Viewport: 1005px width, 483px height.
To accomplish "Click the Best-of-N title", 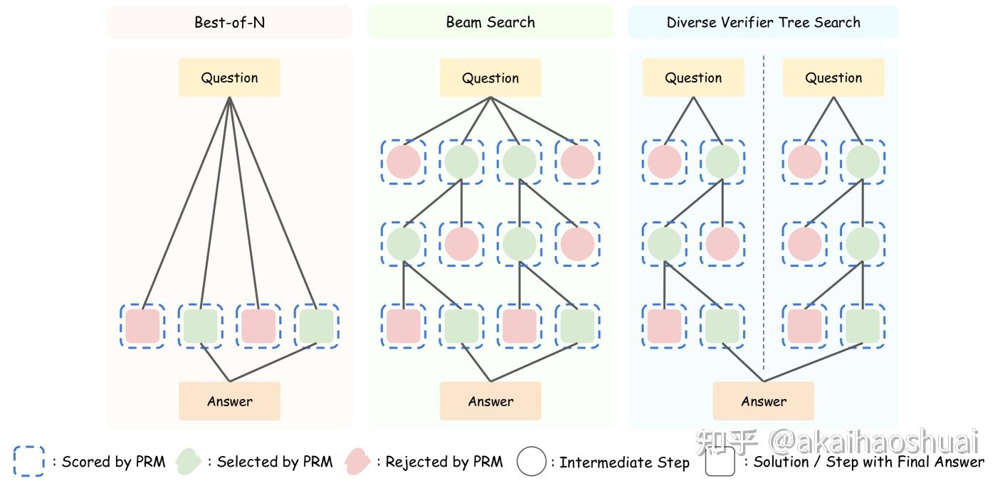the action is pyautogui.click(x=229, y=22).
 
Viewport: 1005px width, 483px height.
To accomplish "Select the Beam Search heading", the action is pyautogui.click(x=490, y=22).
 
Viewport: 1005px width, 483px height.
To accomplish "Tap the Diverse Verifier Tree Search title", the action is pyautogui.click(x=763, y=22).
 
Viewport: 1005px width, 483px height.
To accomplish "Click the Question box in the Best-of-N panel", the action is pyautogui.click(x=229, y=78).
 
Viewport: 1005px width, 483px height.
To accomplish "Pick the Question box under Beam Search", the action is pyautogui.click(x=490, y=78).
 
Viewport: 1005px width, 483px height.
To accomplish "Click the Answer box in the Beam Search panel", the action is pyautogui.click(x=490, y=401).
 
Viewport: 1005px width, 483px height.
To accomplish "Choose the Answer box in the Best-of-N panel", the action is pyautogui.click(x=229, y=401).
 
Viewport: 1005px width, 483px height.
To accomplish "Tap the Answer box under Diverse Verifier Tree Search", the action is pyautogui.click(x=763, y=401).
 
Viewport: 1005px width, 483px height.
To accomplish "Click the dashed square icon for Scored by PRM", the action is pyautogui.click(x=28, y=461).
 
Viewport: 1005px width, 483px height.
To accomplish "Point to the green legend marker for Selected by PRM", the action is pyautogui.click(x=189, y=461).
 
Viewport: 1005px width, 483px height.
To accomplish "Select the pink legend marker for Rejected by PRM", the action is pyautogui.click(x=357, y=461).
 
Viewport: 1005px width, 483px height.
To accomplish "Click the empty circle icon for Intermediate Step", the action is pyautogui.click(x=531, y=461).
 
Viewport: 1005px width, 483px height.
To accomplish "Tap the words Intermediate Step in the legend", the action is pyautogui.click(x=624, y=462).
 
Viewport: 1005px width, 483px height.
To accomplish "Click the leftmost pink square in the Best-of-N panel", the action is pyautogui.click(x=142, y=326).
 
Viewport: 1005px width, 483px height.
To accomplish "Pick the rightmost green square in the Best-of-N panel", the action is pyautogui.click(x=316, y=326).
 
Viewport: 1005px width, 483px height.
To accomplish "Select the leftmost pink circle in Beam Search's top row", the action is pyautogui.click(x=404, y=161).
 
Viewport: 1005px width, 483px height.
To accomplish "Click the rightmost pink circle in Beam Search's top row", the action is pyautogui.click(x=577, y=161).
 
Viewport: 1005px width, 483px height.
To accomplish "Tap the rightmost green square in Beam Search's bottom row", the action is pyautogui.click(x=577, y=326).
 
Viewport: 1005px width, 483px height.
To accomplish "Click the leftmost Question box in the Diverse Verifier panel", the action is pyautogui.click(x=693, y=78).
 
